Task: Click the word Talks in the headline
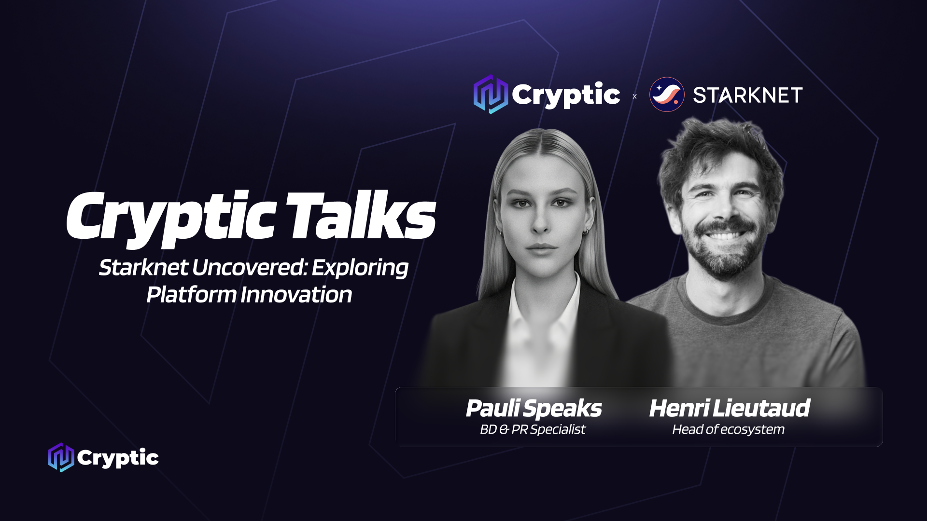coord(361,216)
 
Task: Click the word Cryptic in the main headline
coord(171,219)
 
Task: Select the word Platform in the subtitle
coord(191,295)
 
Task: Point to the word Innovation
coord(296,295)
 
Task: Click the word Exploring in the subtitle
coord(360,268)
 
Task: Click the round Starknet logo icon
coord(667,95)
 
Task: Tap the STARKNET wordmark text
coord(747,95)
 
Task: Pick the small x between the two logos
coord(634,96)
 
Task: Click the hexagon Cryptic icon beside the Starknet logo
coord(491,94)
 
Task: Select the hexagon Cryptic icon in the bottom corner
coord(61,457)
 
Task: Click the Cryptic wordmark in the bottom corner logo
coord(118,458)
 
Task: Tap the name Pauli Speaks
coord(534,409)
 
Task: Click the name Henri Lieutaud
coord(729,408)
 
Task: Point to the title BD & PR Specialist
coord(533,429)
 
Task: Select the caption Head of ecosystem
coord(728,429)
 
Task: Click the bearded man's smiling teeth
coord(723,236)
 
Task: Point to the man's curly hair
coord(719,150)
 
